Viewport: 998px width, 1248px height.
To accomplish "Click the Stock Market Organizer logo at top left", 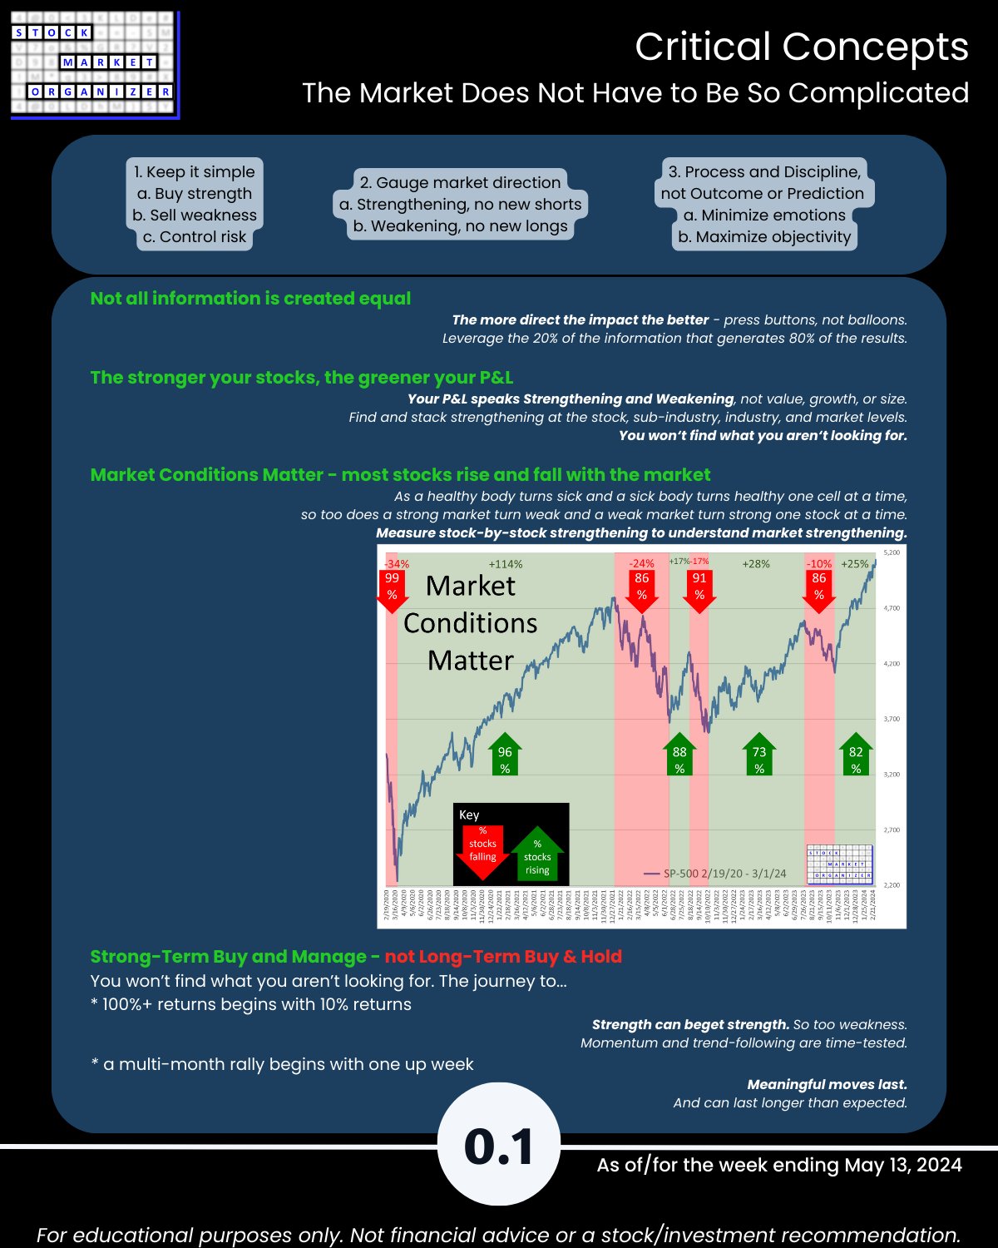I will coord(94,64).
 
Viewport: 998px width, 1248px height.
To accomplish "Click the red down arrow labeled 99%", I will coord(392,588).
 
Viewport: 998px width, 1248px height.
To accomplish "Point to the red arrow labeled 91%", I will coord(699,588).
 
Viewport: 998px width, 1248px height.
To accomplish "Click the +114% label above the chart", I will coord(506,564).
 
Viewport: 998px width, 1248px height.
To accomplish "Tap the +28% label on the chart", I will coord(756,564).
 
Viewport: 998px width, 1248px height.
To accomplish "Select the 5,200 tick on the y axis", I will coord(892,552).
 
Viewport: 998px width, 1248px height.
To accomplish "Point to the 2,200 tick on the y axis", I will coord(892,885).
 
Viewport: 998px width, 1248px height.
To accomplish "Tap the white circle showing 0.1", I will coord(499,1146).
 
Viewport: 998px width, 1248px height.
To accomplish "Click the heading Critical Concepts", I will coord(802,47).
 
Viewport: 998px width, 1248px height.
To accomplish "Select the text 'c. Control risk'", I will coord(195,237).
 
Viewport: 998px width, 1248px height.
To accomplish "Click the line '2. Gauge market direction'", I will coord(460,182).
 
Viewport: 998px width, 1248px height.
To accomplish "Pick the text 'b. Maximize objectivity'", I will coord(764,237).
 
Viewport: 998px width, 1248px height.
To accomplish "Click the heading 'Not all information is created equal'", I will coord(250,299).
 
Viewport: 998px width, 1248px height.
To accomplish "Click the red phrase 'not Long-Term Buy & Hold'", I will coord(503,957).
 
